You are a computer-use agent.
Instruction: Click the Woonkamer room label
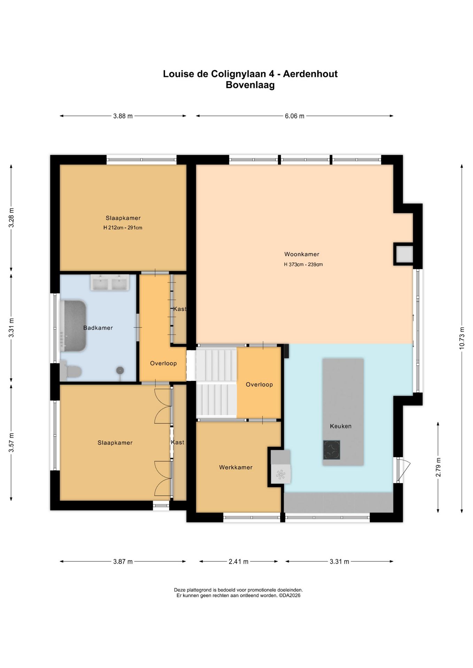tap(302, 254)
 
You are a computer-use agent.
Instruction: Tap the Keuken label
tap(341, 426)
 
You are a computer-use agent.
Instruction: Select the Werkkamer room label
tap(236, 467)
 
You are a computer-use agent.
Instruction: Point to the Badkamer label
tap(98, 328)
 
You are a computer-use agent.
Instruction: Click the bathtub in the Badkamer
tap(73, 326)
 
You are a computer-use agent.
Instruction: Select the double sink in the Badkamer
tap(110, 282)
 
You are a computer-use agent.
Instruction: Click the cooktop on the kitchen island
tap(332, 450)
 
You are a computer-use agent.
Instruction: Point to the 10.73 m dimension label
tap(462, 338)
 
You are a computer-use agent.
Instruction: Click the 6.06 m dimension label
tap(295, 116)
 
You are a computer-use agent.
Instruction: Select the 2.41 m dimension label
tap(239, 562)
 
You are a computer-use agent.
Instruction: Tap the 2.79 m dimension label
tap(438, 467)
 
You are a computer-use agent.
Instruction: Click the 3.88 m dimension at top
tap(123, 116)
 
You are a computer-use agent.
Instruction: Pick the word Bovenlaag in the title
tap(250, 85)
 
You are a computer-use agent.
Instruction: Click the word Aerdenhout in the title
tap(310, 74)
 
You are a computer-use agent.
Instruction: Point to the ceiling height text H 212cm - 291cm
tap(123, 228)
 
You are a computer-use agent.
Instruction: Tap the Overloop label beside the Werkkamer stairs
tap(259, 384)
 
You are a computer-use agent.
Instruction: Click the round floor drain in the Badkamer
tap(120, 371)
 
